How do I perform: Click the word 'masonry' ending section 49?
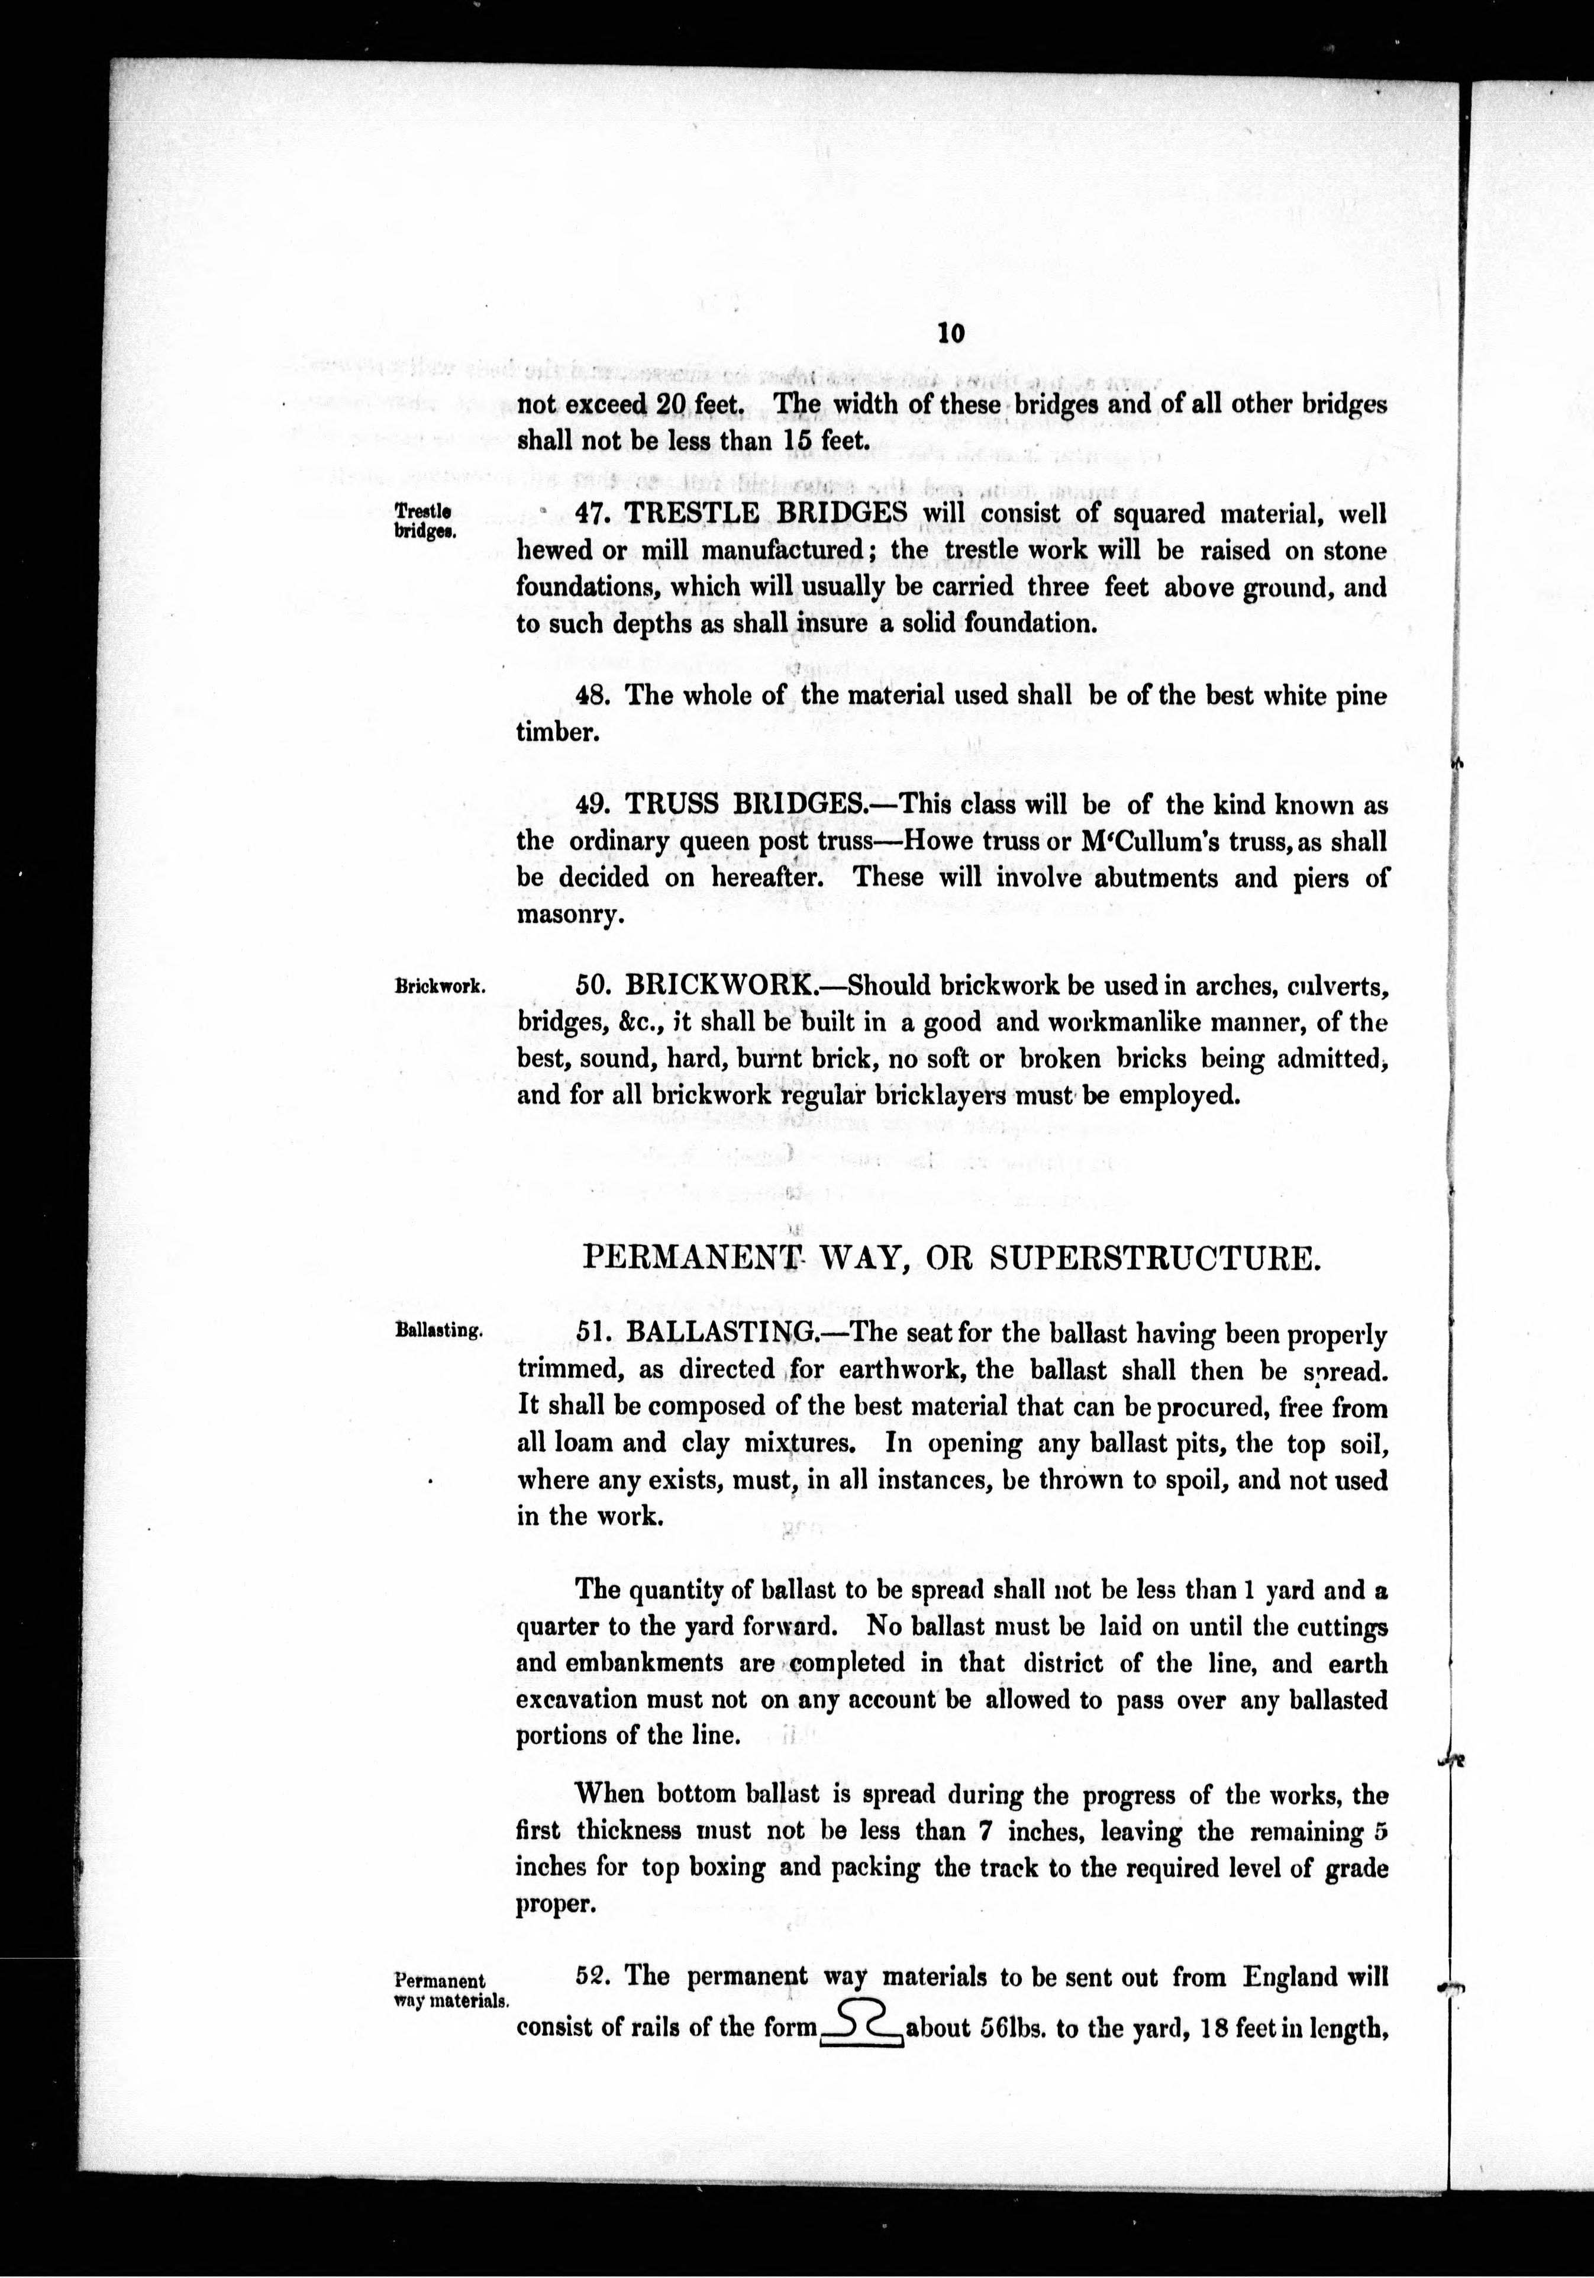(x=569, y=915)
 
